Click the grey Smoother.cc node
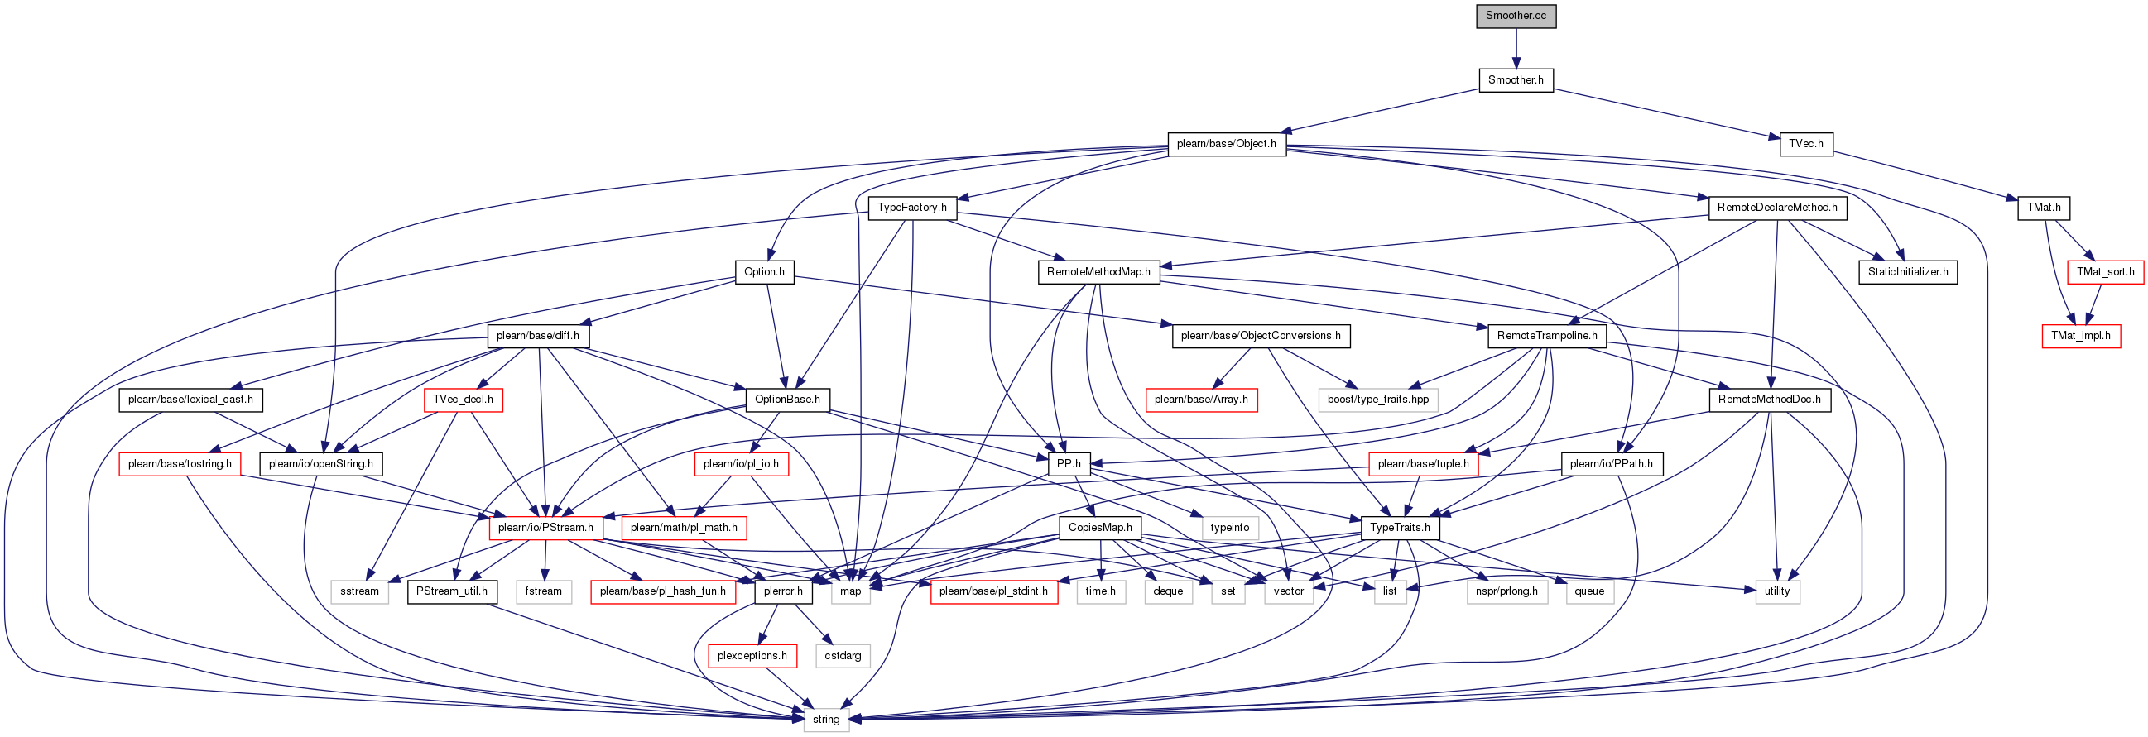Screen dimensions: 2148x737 point(1516,16)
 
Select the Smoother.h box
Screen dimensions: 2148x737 point(1516,80)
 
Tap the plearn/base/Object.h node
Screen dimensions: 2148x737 point(1227,144)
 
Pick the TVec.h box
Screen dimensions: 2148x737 point(1806,144)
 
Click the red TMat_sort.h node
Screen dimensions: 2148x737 point(2106,272)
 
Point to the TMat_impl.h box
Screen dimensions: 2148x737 point(2081,336)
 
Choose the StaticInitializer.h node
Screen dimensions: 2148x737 point(1908,272)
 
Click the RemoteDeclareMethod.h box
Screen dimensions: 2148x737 point(1778,208)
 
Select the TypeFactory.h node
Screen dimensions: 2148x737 point(912,208)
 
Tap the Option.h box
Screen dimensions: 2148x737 point(765,272)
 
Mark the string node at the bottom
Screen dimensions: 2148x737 point(826,720)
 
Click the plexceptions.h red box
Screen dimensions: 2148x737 point(752,656)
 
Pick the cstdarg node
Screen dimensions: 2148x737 point(843,656)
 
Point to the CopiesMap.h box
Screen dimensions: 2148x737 point(1101,528)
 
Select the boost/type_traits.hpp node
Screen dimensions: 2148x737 point(1378,400)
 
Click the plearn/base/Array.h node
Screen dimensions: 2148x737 point(1202,400)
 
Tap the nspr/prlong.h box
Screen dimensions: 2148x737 point(1507,592)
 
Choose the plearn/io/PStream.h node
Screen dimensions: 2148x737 point(546,528)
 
